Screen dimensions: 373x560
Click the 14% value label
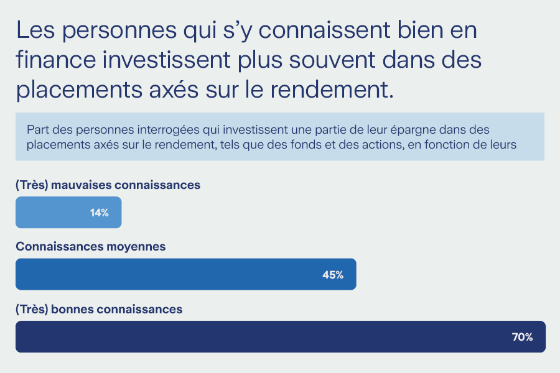99,213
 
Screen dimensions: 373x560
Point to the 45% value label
333,274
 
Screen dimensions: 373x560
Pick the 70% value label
522,337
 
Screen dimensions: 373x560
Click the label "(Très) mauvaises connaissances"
108,185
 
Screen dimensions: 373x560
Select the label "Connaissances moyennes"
90,246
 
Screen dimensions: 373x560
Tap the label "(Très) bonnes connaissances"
99,308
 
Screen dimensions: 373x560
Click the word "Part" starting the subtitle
37,130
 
